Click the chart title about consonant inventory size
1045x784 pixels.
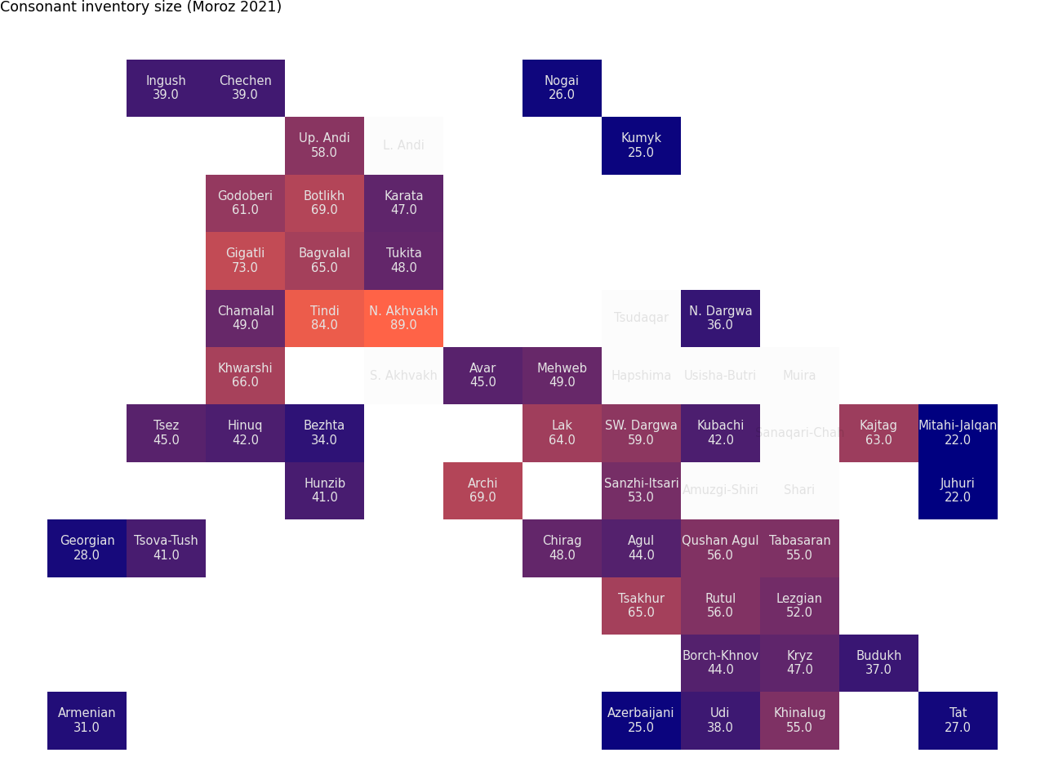point(140,7)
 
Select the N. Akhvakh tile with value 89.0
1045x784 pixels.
point(403,318)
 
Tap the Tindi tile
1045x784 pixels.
point(324,318)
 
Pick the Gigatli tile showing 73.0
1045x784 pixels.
point(245,261)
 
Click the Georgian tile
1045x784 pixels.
point(87,548)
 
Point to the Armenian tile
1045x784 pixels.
point(87,720)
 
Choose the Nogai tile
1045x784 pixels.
point(562,88)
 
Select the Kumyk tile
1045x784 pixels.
point(641,145)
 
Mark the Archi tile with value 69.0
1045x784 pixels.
point(482,490)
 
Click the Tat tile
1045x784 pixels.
point(958,720)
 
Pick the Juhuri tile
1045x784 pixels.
point(958,490)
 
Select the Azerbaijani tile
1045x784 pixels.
point(641,720)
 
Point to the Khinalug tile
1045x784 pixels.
point(799,720)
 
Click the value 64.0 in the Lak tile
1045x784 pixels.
point(562,440)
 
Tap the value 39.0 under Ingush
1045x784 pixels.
point(166,95)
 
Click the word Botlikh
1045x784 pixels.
point(324,196)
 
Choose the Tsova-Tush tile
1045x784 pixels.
point(166,548)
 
